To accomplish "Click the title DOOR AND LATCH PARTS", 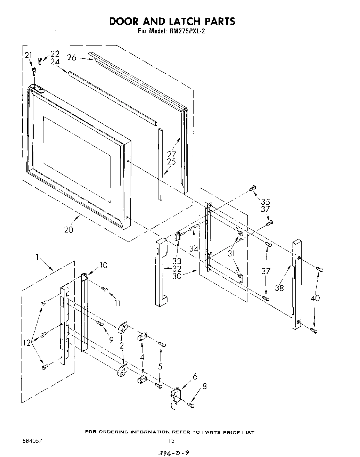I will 172,21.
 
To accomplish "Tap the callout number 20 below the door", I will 69,230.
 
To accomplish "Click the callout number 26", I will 72,57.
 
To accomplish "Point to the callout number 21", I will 28,55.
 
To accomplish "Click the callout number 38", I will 279,287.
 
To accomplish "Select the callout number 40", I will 316,298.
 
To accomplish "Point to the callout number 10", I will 103,265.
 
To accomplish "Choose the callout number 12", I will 27,343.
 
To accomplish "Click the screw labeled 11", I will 104,288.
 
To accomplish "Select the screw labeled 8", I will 191,405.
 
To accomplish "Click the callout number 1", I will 37,257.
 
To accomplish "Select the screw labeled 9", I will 100,324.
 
